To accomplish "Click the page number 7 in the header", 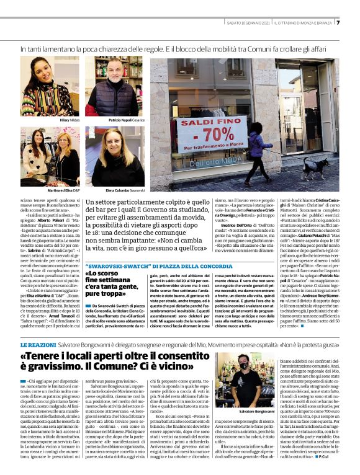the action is pyautogui.click(x=338, y=24).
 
